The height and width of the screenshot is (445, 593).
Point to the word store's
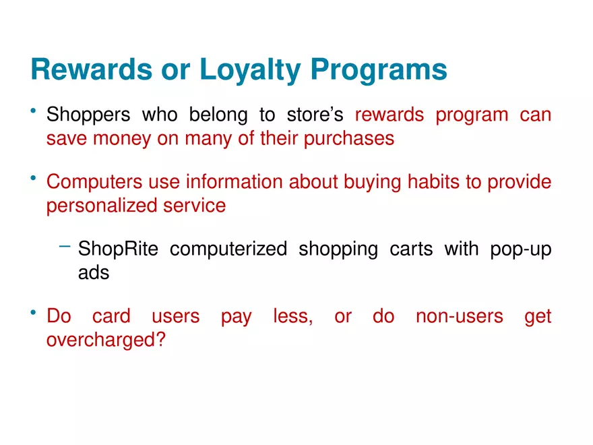click(x=315, y=115)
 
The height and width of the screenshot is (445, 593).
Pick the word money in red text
click(x=122, y=139)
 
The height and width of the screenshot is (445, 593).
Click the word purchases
click(x=348, y=139)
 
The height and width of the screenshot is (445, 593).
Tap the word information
click(x=234, y=181)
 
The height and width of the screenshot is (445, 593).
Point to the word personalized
click(x=102, y=206)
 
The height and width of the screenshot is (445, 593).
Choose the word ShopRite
click(x=118, y=249)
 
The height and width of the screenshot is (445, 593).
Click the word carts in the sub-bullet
click(x=411, y=249)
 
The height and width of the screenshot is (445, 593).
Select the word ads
click(x=94, y=272)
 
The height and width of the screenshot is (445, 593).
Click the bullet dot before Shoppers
click(x=33, y=111)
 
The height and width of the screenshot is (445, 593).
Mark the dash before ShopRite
click(x=65, y=246)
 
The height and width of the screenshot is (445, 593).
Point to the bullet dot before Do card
click(x=33, y=312)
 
